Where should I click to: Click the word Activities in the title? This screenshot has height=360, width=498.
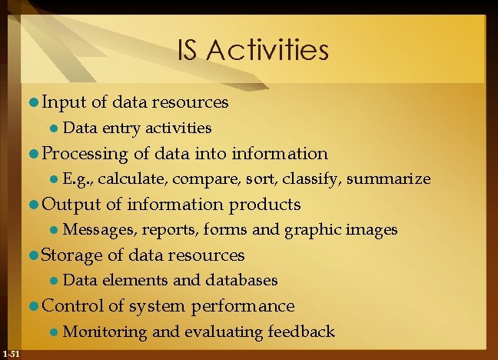click(x=267, y=52)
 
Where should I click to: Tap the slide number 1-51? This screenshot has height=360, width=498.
click(x=12, y=353)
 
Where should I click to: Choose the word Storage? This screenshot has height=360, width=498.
click(x=74, y=255)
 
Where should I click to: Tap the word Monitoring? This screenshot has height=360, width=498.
click(x=105, y=332)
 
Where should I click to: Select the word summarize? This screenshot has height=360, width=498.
click(x=389, y=179)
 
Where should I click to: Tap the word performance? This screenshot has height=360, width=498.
click(x=243, y=306)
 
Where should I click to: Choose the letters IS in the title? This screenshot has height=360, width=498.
click(x=189, y=52)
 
